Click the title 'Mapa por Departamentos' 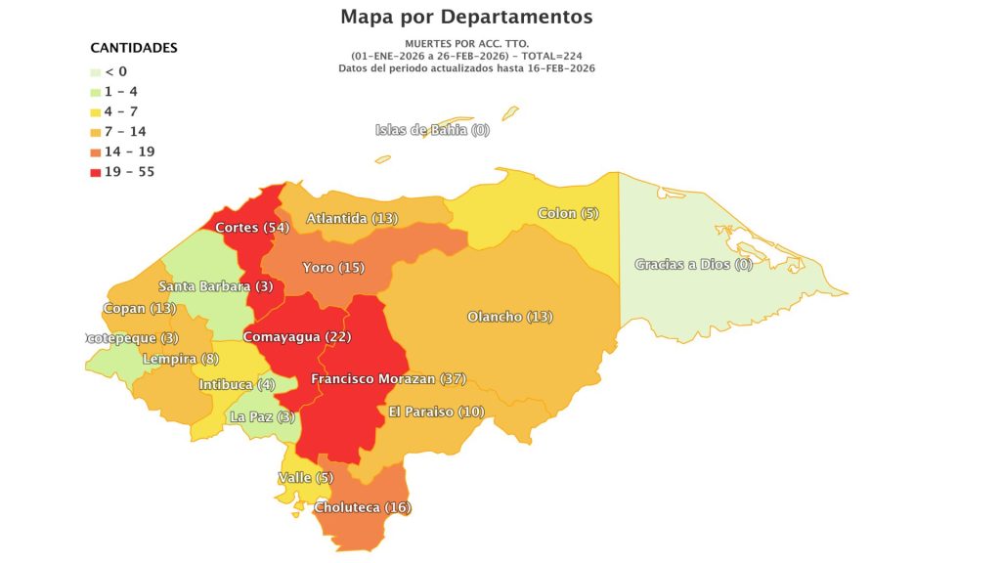pos(466,17)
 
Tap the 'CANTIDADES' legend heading pos(134,48)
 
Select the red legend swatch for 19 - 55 pos(95,173)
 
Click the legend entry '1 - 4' pos(121,91)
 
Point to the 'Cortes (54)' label pos(251,228)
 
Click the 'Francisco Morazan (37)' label pos(388,378)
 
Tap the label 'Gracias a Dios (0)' pos(693,264)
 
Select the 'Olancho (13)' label pos(509,317)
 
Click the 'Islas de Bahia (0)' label pos(432,130)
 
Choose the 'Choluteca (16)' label pos(363,507)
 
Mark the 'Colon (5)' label pos(568,213)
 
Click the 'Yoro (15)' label pos(332,268)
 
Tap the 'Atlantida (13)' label pos(352,219)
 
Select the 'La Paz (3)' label pos(262,417)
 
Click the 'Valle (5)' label pos(306,478)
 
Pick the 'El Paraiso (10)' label pos(436,411)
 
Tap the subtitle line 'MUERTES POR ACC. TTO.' pos(466,45)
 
